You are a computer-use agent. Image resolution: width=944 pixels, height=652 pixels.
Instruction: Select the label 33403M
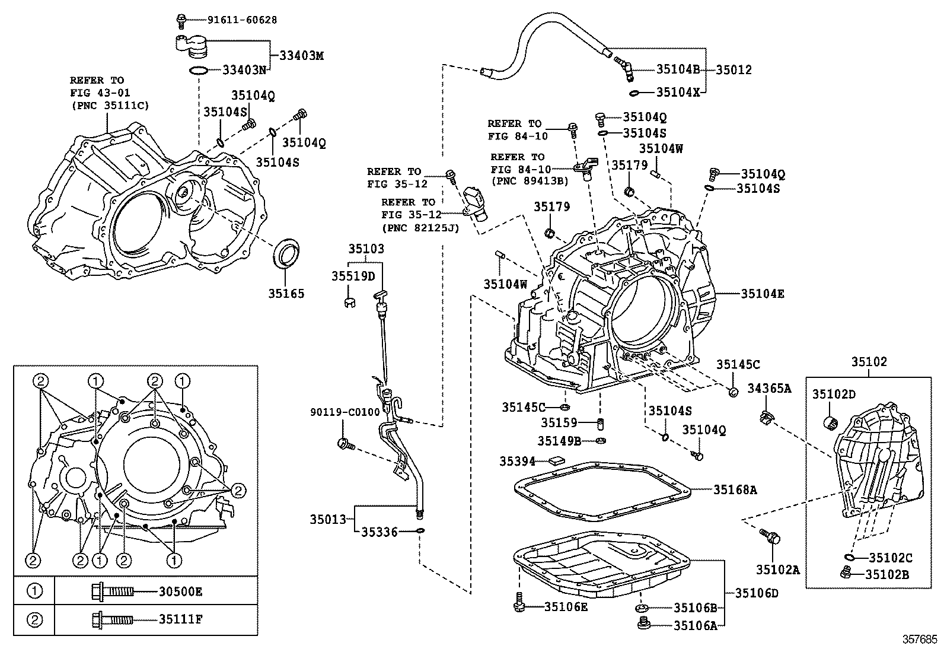302,56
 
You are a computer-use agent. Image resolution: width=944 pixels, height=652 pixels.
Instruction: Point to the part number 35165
286,293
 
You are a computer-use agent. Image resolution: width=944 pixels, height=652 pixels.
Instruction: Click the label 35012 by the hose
733,69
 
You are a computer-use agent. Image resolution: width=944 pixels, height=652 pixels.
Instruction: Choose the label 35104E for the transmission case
762,294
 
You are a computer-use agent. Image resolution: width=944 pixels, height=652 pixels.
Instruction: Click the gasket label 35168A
735,489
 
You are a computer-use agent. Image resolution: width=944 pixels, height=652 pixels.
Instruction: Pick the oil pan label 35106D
757,592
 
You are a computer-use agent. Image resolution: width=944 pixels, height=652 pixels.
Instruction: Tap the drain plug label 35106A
696,625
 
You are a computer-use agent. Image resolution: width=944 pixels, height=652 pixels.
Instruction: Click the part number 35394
517,461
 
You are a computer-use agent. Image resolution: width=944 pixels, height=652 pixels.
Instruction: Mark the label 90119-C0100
344,412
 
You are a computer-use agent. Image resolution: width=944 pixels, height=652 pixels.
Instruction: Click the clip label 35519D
353,276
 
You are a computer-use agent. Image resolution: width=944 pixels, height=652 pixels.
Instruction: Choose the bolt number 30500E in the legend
180,591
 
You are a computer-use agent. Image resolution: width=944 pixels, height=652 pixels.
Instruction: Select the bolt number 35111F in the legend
180,619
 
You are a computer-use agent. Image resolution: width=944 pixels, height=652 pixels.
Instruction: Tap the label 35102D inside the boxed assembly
834,394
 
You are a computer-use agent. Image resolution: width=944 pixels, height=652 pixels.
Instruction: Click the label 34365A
769,388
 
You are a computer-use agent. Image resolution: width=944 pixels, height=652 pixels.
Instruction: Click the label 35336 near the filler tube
379,532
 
